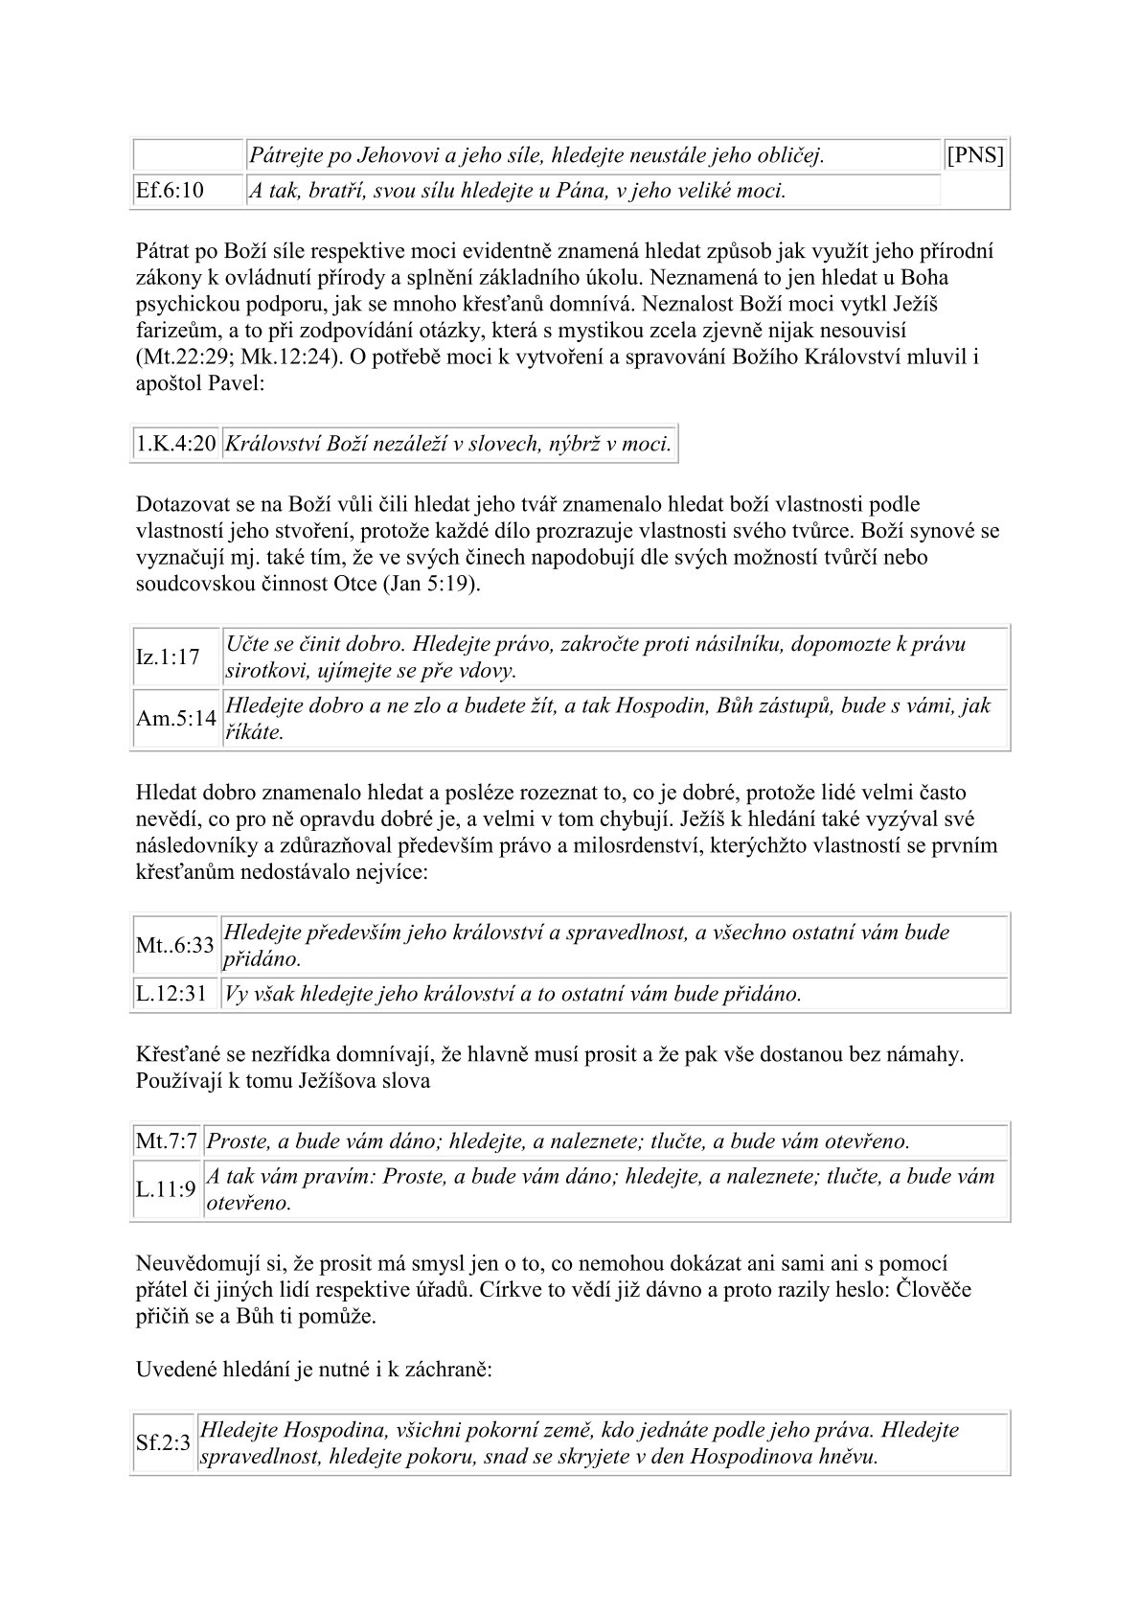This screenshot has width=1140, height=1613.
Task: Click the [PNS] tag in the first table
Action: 974,155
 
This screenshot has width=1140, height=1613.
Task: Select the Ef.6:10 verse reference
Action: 170,191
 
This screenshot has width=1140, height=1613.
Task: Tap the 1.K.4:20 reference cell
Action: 175,445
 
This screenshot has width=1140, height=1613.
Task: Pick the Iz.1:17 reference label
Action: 169,657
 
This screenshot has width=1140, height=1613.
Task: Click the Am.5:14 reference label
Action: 175,719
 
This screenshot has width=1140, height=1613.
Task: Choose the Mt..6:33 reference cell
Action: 175,945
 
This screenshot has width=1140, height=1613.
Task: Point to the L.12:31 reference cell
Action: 171,994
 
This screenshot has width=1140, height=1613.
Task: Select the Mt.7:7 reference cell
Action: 166,1141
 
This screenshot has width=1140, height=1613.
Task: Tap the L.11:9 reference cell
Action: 166,1189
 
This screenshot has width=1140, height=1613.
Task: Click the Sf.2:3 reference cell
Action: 163,1443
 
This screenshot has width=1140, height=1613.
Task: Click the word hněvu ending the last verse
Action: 850,1457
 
